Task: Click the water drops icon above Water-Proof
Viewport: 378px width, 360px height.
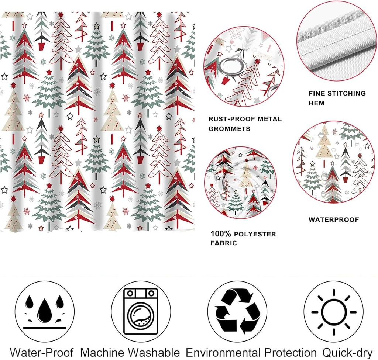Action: [45, 311]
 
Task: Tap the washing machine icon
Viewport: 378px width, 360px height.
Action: [141, 311]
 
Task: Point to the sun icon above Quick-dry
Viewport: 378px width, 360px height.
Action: [334, 312]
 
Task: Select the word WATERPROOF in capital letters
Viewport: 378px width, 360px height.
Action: [334, 219]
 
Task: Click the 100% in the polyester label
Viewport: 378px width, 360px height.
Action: [221, 233]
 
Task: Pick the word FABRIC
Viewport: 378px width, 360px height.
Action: [224, 243]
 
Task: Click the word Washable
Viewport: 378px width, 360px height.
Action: [155, 353]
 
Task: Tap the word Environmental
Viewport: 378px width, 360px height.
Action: [223, 353]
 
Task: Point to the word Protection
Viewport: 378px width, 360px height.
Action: [291, 353]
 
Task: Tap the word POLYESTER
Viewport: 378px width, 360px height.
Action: [255, 234]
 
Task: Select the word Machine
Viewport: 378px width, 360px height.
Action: [104, 353]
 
